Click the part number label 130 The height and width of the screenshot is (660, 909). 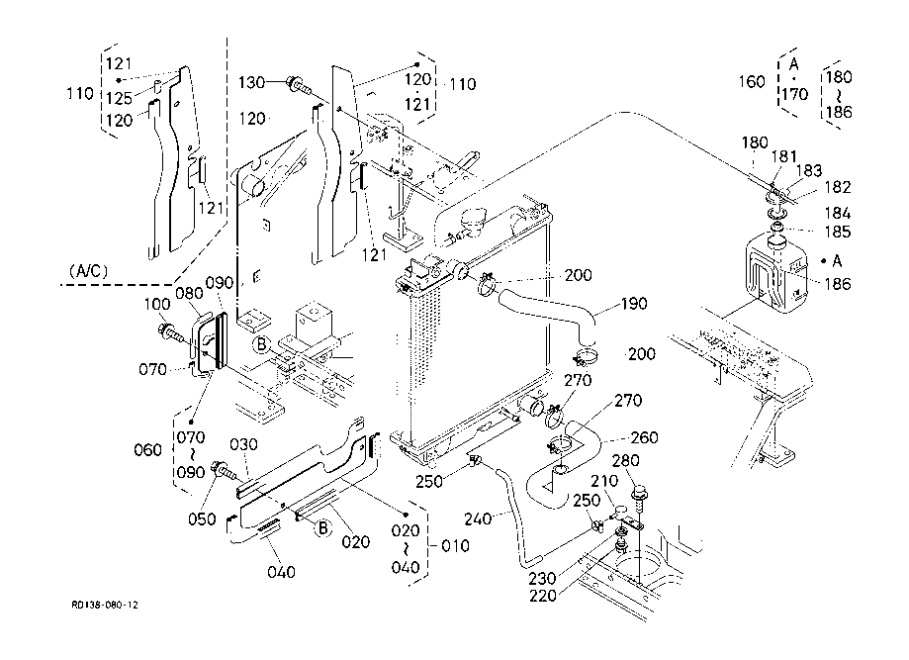tap(251, 83)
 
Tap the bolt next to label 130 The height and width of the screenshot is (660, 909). tap(299, 86)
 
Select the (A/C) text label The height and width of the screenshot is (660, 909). tap(88, 271)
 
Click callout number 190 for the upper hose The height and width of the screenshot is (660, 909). tap(634, 304)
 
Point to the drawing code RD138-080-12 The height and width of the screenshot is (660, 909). tap(105, 606)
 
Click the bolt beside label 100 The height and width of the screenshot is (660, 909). tap(170, 332)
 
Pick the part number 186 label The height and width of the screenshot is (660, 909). tap(837, 284)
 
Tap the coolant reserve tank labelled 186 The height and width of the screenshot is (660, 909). tap(775, 271)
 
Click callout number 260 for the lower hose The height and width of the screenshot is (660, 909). tap(644, 437)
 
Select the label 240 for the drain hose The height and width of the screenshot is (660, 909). tap(479, 519)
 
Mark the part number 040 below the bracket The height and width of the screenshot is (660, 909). tap(281, 572)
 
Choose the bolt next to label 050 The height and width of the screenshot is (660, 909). tap(225, 471)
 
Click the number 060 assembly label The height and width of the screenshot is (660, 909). tap(147, 450)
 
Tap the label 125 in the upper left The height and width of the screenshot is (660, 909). tap(120, 97)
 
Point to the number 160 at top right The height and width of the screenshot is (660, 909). tap(752, 81)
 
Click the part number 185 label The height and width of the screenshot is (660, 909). tap(838, 232)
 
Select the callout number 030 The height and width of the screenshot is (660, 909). tap(243, 444)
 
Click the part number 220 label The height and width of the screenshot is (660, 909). tap(543, 595)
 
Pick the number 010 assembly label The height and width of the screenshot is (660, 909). tap(455, 546)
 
